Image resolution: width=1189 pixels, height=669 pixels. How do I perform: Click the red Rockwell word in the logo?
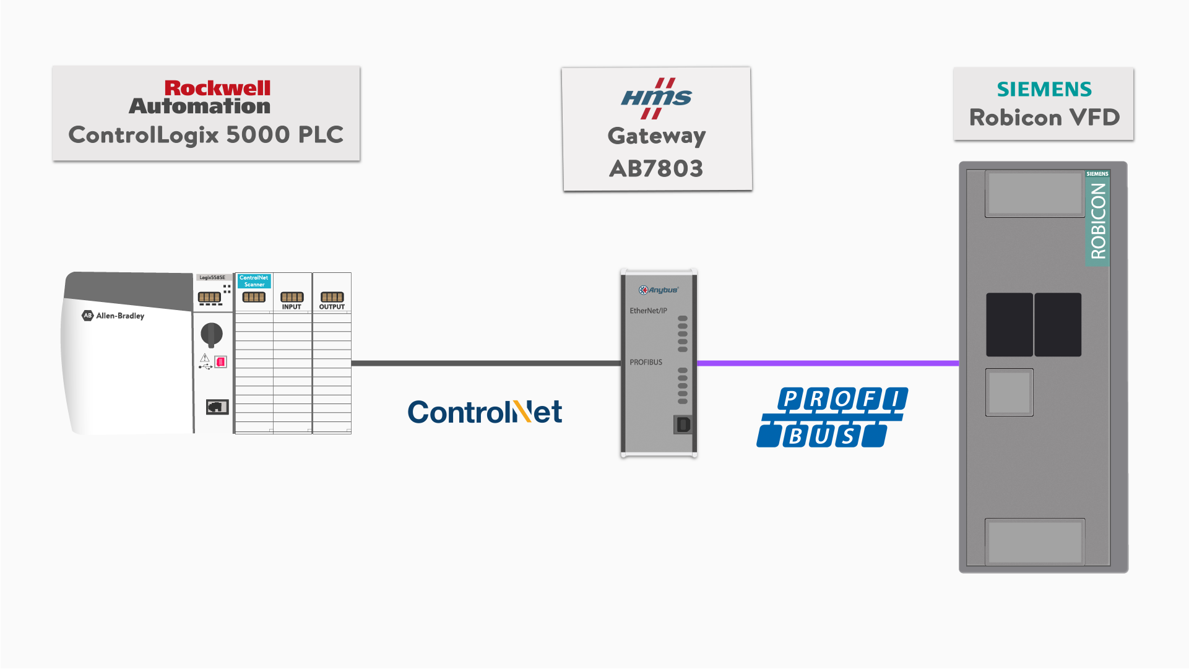[x=217, y=88]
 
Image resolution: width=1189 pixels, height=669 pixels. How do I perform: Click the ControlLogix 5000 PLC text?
[x=205, y=135]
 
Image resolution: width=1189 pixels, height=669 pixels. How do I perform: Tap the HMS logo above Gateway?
[x=657, y=98]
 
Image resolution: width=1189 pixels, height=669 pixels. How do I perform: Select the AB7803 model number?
[x=656, y=168]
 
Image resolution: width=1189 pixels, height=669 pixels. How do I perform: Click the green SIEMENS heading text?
[x=1044, y=89]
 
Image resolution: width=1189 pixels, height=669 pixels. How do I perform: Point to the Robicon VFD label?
[x=1044, y=118]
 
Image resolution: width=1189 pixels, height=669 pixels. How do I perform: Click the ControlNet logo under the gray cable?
[x=485, y=412]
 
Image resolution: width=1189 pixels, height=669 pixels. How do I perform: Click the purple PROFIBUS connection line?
[x=828, y=363]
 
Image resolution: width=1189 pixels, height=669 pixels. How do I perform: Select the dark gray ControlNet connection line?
[x=486, y=363]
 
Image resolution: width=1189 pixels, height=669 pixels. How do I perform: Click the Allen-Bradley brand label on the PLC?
[x=114, y=316]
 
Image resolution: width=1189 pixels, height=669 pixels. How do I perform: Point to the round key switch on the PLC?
[x=212, y=334]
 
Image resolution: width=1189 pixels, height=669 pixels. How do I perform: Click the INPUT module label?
[x=292, y=307]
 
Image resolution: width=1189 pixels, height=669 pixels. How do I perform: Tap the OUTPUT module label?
[x=332, y=307]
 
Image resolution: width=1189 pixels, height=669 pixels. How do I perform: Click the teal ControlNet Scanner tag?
[x=254, y=281]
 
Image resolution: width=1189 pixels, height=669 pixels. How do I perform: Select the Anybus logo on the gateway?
[x=659, y=290]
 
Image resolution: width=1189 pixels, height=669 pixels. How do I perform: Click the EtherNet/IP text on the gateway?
[x=648, y=311]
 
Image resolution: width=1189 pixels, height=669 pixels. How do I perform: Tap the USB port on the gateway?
[x=683, y=425]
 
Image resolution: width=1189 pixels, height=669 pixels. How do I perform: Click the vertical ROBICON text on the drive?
[x=1097, y=221]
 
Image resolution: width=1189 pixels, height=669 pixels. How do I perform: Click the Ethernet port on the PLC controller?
[x=217, y=407]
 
